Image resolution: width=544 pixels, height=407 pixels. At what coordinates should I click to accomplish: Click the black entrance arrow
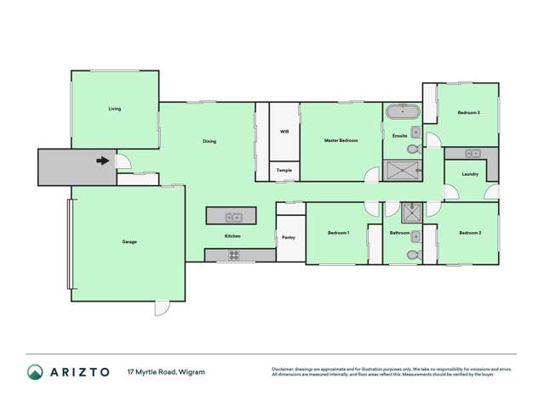click(x=103, y=160)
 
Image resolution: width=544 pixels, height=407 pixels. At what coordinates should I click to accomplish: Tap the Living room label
click(x=114, y=109)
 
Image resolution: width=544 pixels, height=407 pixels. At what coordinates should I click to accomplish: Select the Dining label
click(x=209, y=141)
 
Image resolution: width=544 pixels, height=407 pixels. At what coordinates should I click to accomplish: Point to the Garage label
click(x=129, y=241)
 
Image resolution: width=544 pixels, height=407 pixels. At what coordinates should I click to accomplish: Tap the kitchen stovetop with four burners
click(x=233, y=255)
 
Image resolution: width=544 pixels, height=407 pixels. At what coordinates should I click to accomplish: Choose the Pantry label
click(x=288, y=237)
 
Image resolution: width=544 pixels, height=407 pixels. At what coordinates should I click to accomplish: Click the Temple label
click(x=284, y=171)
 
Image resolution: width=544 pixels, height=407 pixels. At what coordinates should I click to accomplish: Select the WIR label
click(x=284, y=132)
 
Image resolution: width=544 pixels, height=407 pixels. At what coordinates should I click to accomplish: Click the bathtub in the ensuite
click(x=400, y=112)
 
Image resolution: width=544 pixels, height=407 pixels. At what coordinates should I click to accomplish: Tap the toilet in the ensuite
click(x=413, y=149)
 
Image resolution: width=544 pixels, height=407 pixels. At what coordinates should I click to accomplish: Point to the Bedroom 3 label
click(x=468, y=113)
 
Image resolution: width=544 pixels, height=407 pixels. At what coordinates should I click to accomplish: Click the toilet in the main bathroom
click(x=413, y=254)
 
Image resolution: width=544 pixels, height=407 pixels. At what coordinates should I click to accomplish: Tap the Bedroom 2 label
click(x=470, y=233)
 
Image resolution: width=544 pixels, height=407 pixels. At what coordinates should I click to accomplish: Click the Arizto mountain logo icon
click(x=35, y=371)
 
